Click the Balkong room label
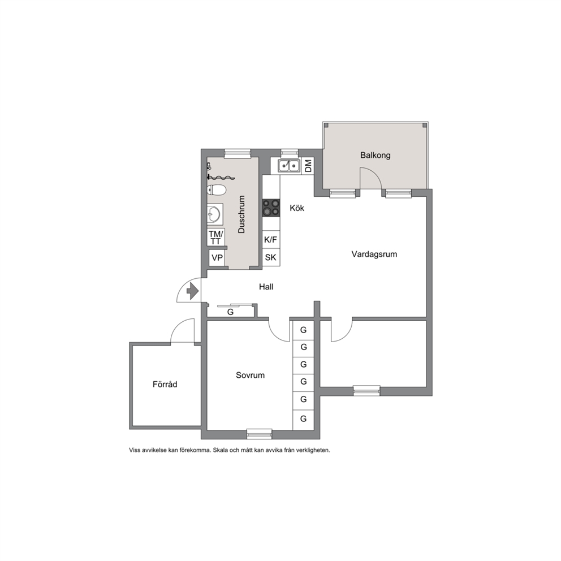(x=375, y=156)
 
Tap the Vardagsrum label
(x=374, y=254)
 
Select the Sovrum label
(x=250, y=375)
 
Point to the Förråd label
(x=165, y=384)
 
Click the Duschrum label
(x=241, y=214)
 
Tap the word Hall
(x=266, y=287)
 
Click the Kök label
(x=297, y=208)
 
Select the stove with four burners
(x=271, y=208)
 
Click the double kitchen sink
(x=289, y=166)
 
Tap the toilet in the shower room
(x=216, y=189)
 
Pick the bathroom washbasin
(x=215, y=214)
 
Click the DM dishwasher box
(x=308, y=166)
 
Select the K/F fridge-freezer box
(x=271, y=239)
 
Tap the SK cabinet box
(x=271, y=257)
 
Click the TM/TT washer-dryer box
(x=215, y=237)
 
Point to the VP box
(x=217, y=258)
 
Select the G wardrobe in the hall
(x=231, y=312)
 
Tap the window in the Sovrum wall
(x=260, y=434)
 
